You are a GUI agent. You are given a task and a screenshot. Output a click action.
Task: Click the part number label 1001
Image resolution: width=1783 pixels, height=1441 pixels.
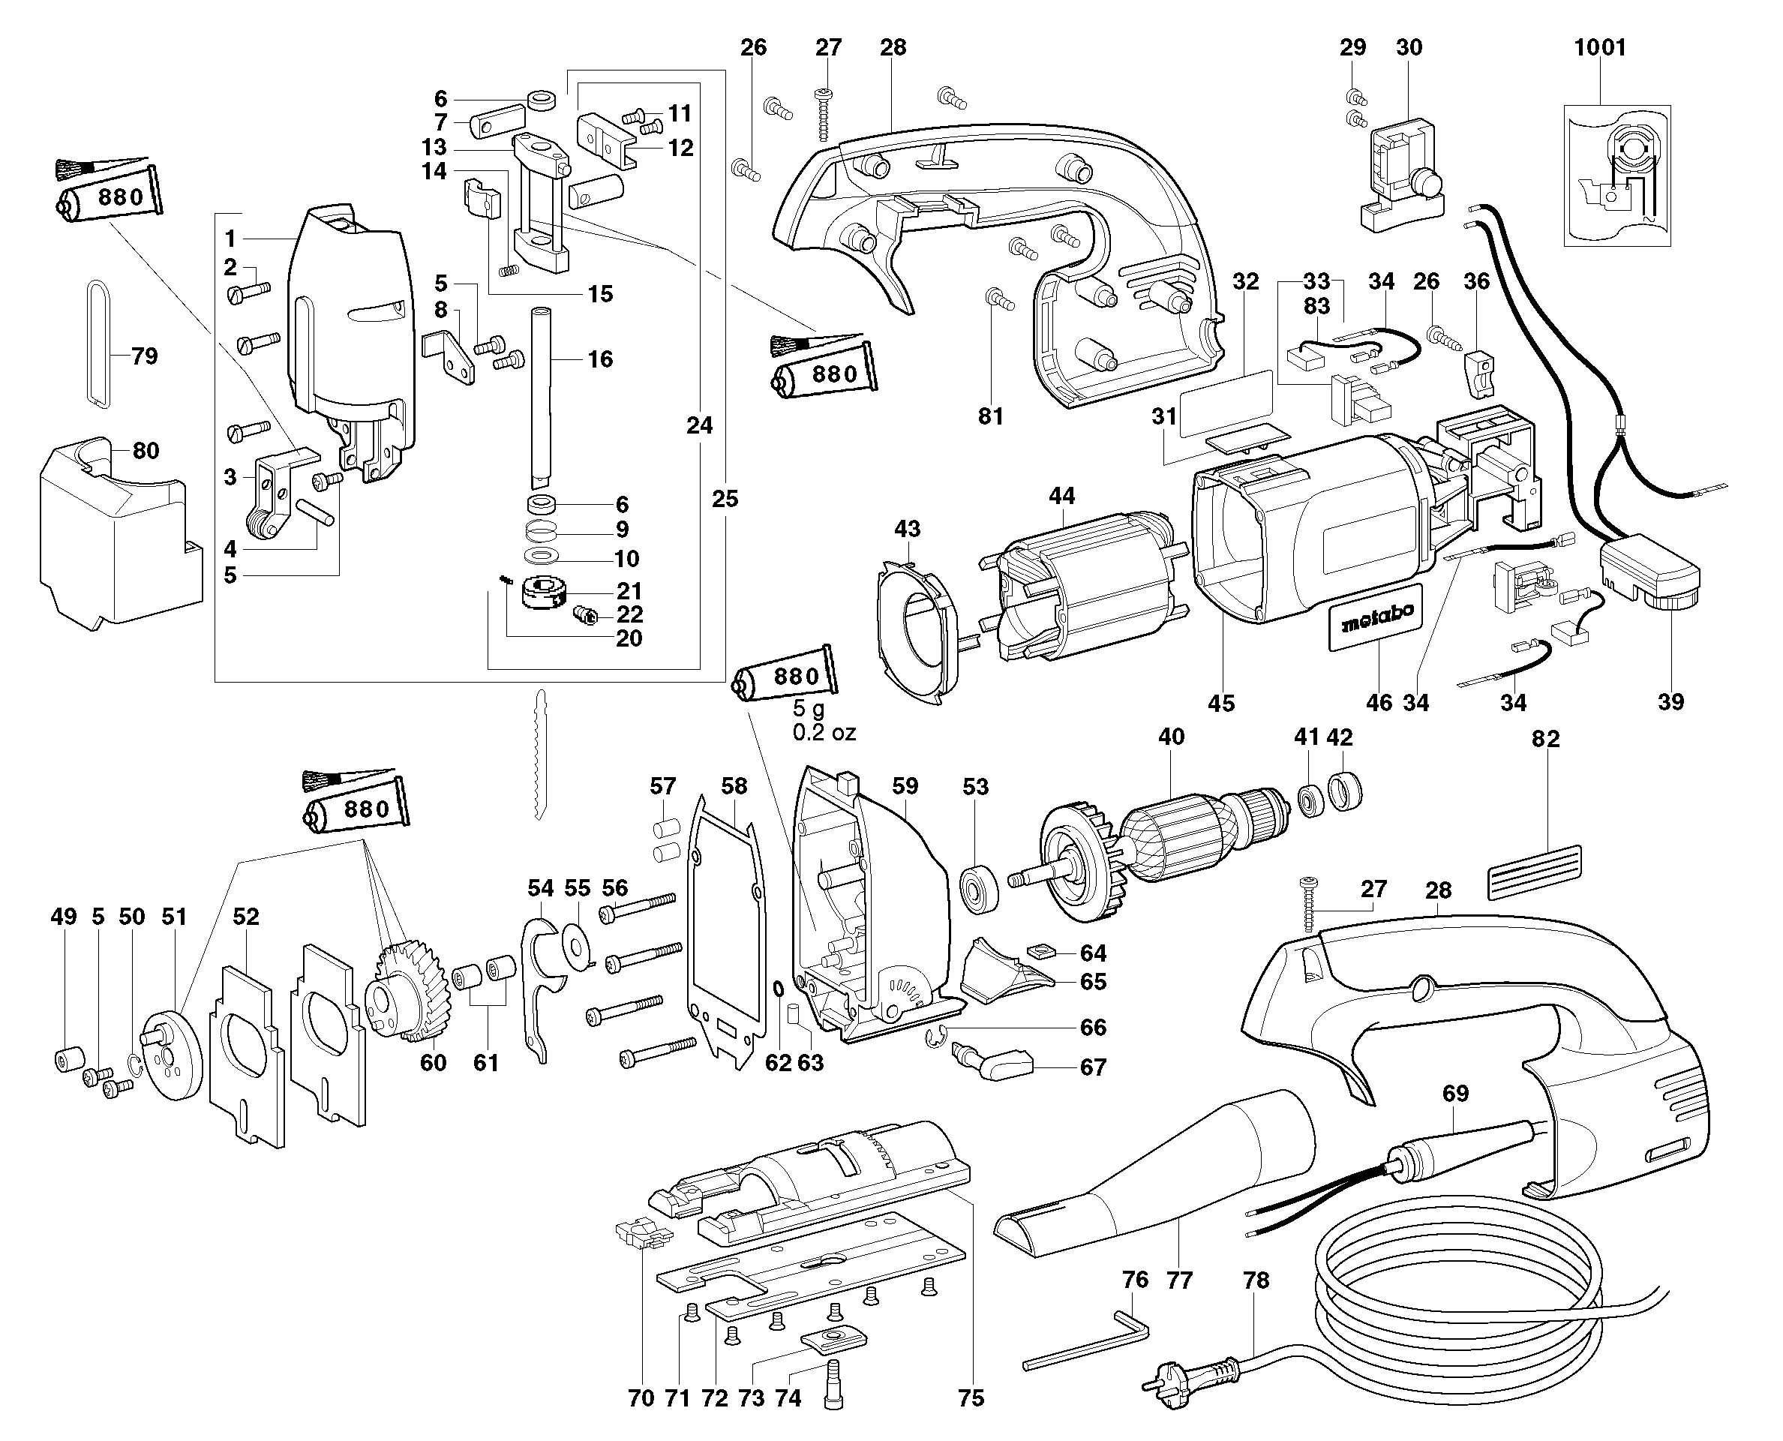(1599, 48)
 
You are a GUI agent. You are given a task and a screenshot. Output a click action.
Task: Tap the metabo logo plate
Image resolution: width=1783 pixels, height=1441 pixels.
(1376, 617)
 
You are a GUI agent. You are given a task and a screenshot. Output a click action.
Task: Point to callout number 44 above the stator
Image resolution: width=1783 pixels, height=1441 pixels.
(1061, 497)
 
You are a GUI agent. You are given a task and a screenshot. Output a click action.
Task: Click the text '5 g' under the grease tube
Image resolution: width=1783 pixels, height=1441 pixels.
(809, 709)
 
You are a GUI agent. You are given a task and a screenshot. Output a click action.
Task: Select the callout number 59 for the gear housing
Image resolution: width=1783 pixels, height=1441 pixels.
(905, 785)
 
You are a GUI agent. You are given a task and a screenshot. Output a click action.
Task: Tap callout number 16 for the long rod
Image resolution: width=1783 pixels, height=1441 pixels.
(600, 359)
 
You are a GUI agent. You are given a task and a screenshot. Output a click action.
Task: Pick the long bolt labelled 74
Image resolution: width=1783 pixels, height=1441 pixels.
(834, 1384)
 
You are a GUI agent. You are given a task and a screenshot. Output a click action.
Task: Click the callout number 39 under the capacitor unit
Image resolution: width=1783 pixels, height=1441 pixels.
(1671, 702)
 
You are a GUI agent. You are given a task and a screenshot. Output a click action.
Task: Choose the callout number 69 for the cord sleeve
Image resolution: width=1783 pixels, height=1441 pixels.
(1455, 1094)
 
